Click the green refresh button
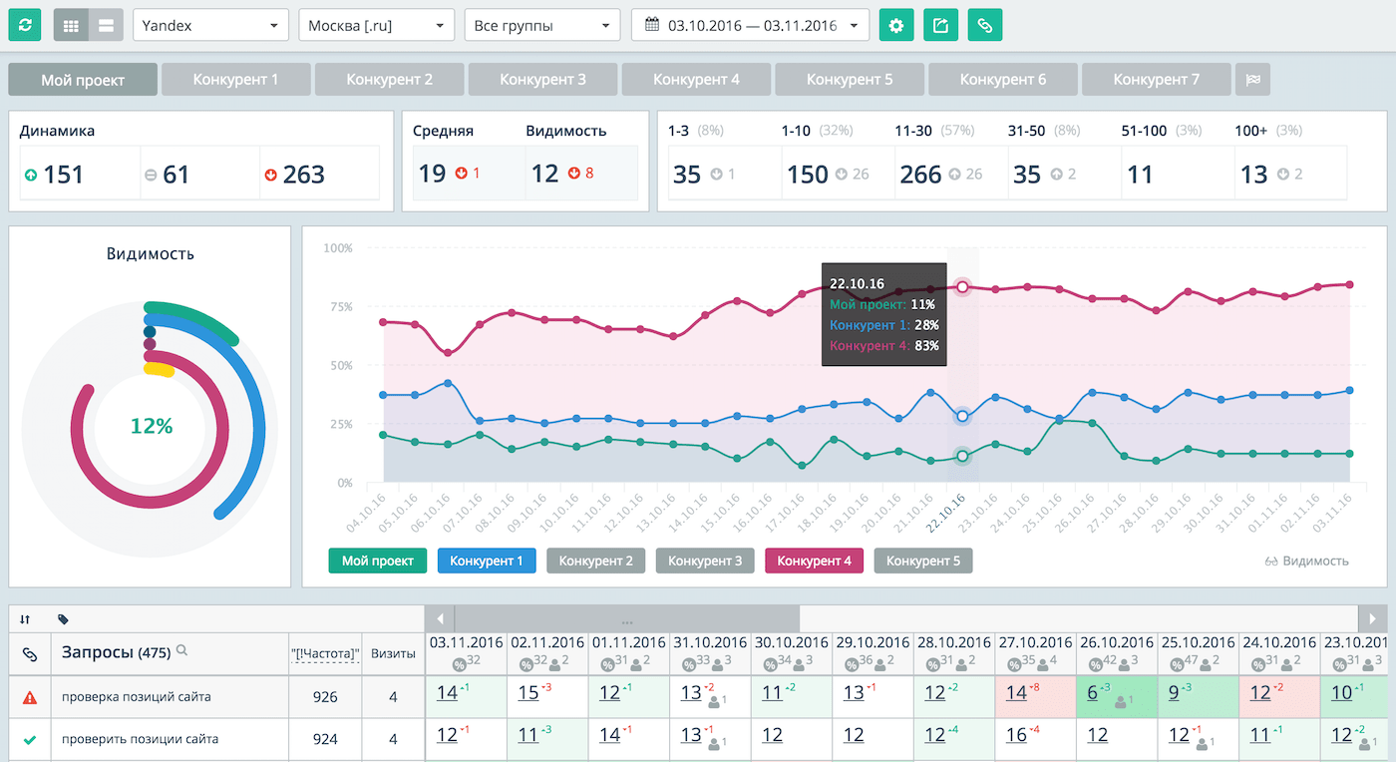click(x=25, y=25)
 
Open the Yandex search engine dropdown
click(x=210, y=25)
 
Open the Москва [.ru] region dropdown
click(x=376, y=25)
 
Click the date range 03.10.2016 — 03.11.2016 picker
click(x=750, y=25)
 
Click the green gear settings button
click(x=896, y=25)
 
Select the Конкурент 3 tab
click(x=542, y=79)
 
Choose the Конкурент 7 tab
click(x=1156, y=79)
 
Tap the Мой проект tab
click(x=83, y=79)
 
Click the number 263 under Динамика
click(x=303, y=175)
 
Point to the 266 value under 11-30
click(x=920, y=175)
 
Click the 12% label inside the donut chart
click(x=152, y=426)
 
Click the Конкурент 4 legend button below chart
click(x=814, y=561)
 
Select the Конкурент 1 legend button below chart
click(x=486, y=561)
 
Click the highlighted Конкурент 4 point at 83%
click(x=962, y=286)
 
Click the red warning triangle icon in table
click(x=29, y=697)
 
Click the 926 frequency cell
click(x=325, y=697)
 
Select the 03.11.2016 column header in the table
click(x=466, y=642)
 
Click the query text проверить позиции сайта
click(x=140, y=739)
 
